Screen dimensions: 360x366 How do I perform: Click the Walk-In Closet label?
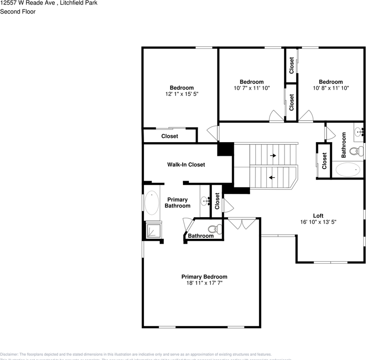186,165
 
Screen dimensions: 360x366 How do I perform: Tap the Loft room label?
318,216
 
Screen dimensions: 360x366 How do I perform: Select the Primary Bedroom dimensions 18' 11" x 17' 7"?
204,283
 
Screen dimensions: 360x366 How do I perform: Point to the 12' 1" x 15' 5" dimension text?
181,94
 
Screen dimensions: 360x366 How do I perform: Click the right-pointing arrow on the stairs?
273,155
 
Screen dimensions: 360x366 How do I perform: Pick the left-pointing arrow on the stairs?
271,177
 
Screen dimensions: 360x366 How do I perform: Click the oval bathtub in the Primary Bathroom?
152,203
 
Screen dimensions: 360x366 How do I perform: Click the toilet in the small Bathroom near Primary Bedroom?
216,229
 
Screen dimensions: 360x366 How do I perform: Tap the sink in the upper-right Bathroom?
359,132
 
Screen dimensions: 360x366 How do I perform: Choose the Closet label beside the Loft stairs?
324,160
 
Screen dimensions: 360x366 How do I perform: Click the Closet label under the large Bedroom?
169,136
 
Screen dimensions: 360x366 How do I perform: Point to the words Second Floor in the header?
18,12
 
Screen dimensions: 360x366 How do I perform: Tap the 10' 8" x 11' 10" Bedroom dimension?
330,88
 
